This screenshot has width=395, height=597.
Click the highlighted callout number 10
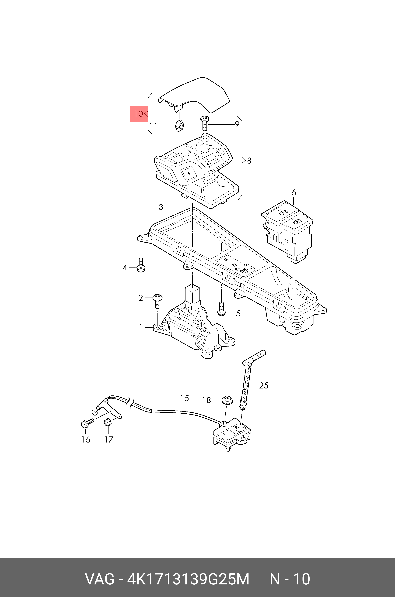tap(139, 114)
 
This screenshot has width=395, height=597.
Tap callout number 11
tap(153, 126)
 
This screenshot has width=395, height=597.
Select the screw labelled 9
tap(204, 123)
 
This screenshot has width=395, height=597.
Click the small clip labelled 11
tap(179, 126)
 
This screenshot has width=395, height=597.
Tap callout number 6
tap(294, 193)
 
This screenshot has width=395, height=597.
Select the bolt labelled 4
tap(141, 266)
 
